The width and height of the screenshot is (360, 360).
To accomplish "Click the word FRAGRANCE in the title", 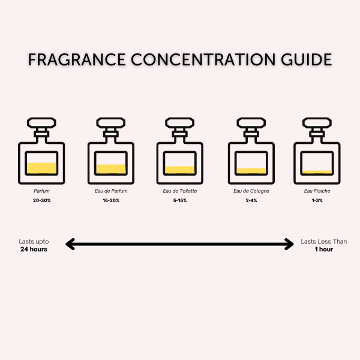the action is click(77, 59).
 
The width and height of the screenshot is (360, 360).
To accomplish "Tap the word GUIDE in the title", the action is click(307, 59).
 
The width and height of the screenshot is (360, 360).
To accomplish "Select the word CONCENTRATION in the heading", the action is click(203, 59).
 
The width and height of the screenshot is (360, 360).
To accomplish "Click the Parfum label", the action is click(41, 191).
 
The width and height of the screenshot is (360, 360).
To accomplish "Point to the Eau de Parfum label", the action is click(111, 191).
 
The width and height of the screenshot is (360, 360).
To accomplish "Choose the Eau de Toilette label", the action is click(180, 191).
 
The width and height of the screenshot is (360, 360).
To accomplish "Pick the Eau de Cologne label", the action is click(251, 191).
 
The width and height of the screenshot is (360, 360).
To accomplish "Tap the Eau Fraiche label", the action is click(317, 191).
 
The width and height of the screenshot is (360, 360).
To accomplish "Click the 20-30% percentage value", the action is click(42, 200).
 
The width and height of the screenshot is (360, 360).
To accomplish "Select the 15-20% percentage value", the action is click(111, 200).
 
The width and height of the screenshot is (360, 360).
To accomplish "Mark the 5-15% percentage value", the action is click(180, 200).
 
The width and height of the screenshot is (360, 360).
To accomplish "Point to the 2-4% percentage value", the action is click(251, 200).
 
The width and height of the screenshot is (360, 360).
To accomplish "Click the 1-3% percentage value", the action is click(317, 200).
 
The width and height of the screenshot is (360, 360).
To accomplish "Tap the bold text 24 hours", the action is click(34, 249).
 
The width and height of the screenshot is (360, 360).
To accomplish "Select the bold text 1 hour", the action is click(324, 249).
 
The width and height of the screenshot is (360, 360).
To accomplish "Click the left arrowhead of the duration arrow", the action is click(70, 244).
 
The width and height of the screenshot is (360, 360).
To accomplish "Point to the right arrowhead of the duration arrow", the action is click(290, 244).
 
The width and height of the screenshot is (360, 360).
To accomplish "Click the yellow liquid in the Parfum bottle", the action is click(41, 168).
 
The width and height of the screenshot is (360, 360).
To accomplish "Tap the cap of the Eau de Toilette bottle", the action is click(180, 123).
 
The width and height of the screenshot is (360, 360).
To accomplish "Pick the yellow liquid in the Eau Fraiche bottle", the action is click(317, 172).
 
